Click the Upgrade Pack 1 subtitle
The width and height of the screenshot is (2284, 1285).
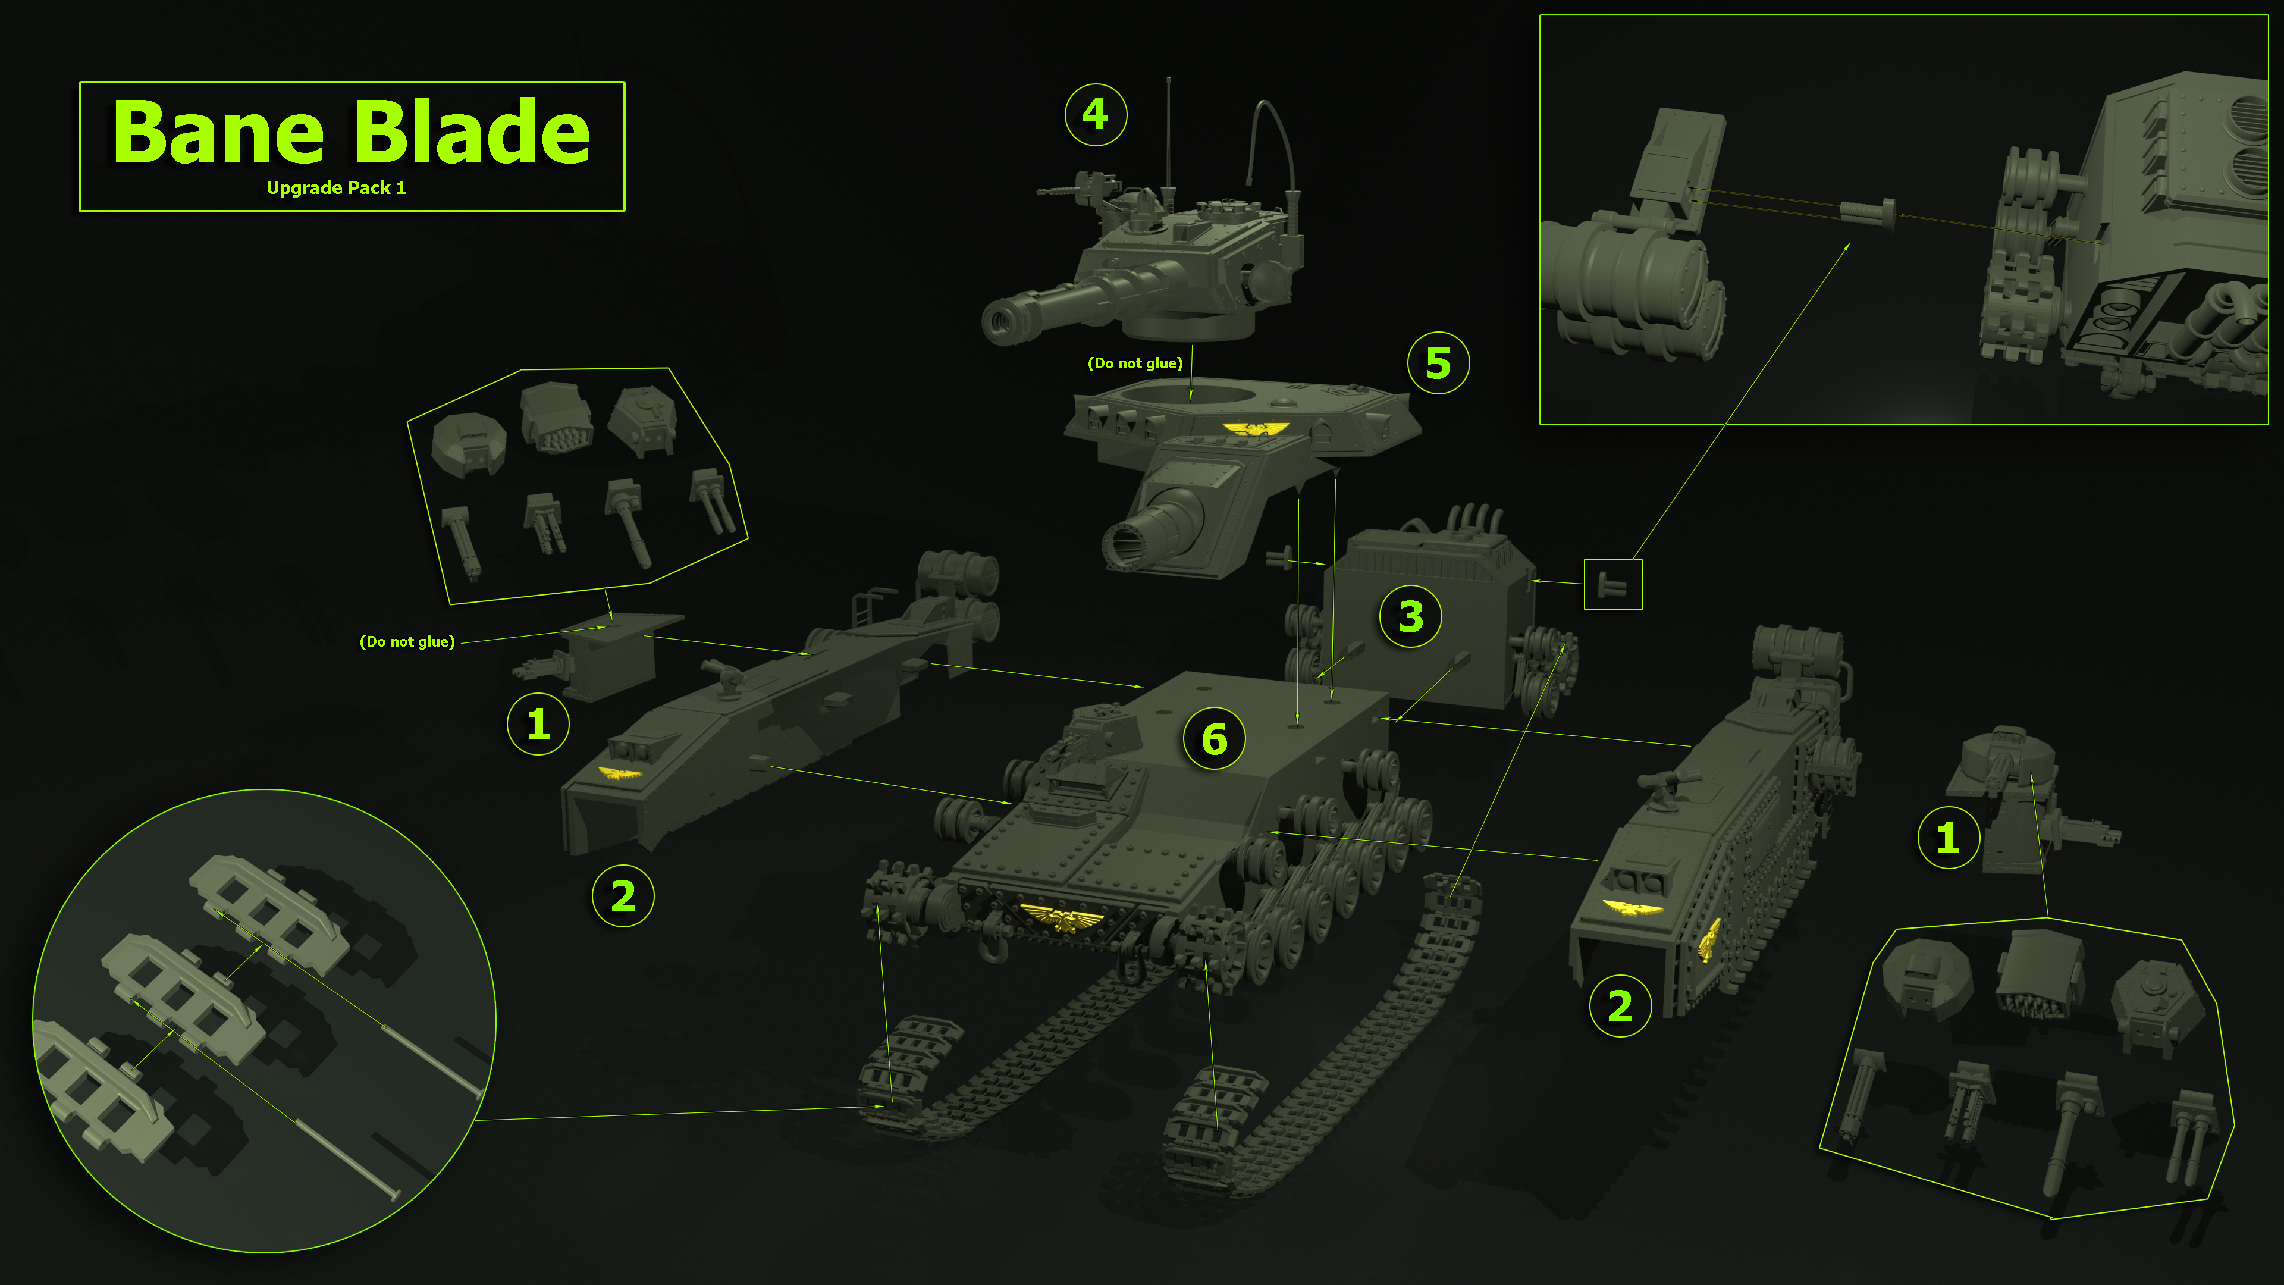(336, 188)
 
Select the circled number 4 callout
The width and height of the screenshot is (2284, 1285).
(1095, 114)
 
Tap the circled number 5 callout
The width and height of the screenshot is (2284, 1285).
(1437, 363)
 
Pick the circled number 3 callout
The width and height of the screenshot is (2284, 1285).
(1410, 616)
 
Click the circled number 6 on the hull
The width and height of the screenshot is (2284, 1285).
(1214, 739)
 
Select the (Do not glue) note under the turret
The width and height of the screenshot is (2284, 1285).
(1134, 363)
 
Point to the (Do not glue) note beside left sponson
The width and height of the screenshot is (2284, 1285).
(407, 641)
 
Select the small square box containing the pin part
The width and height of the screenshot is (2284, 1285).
(1612, 584)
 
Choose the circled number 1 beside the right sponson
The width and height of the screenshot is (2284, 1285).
(1947, 837)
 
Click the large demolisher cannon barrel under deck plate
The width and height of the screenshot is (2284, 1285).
(1153, 532)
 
